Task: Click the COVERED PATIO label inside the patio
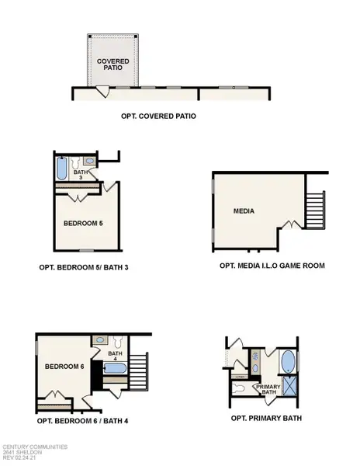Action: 112,64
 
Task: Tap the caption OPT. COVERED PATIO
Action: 158,116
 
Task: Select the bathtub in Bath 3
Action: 62,169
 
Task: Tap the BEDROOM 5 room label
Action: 83,223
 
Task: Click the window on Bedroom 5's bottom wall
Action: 87,250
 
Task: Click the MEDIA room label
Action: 244,210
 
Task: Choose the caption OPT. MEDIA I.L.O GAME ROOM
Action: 272,266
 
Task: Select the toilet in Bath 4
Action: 116,342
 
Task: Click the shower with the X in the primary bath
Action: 289,385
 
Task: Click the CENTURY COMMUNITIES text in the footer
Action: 34,447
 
